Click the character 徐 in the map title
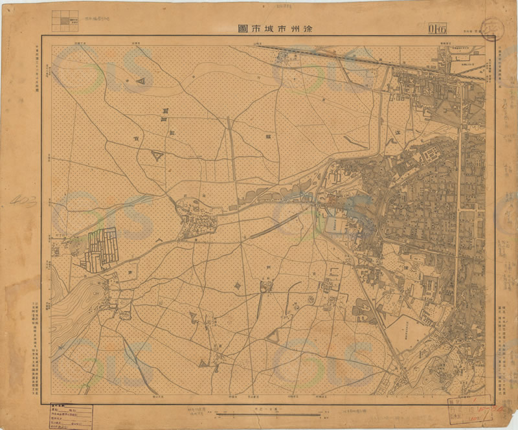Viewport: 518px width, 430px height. pos(310,28)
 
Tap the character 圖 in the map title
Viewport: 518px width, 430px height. pos(243,28)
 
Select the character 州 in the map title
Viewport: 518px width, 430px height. pos(293,28)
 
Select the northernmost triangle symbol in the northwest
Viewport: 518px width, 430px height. pos(141,82)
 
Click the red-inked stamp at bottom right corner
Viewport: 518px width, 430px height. pos(471,411)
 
